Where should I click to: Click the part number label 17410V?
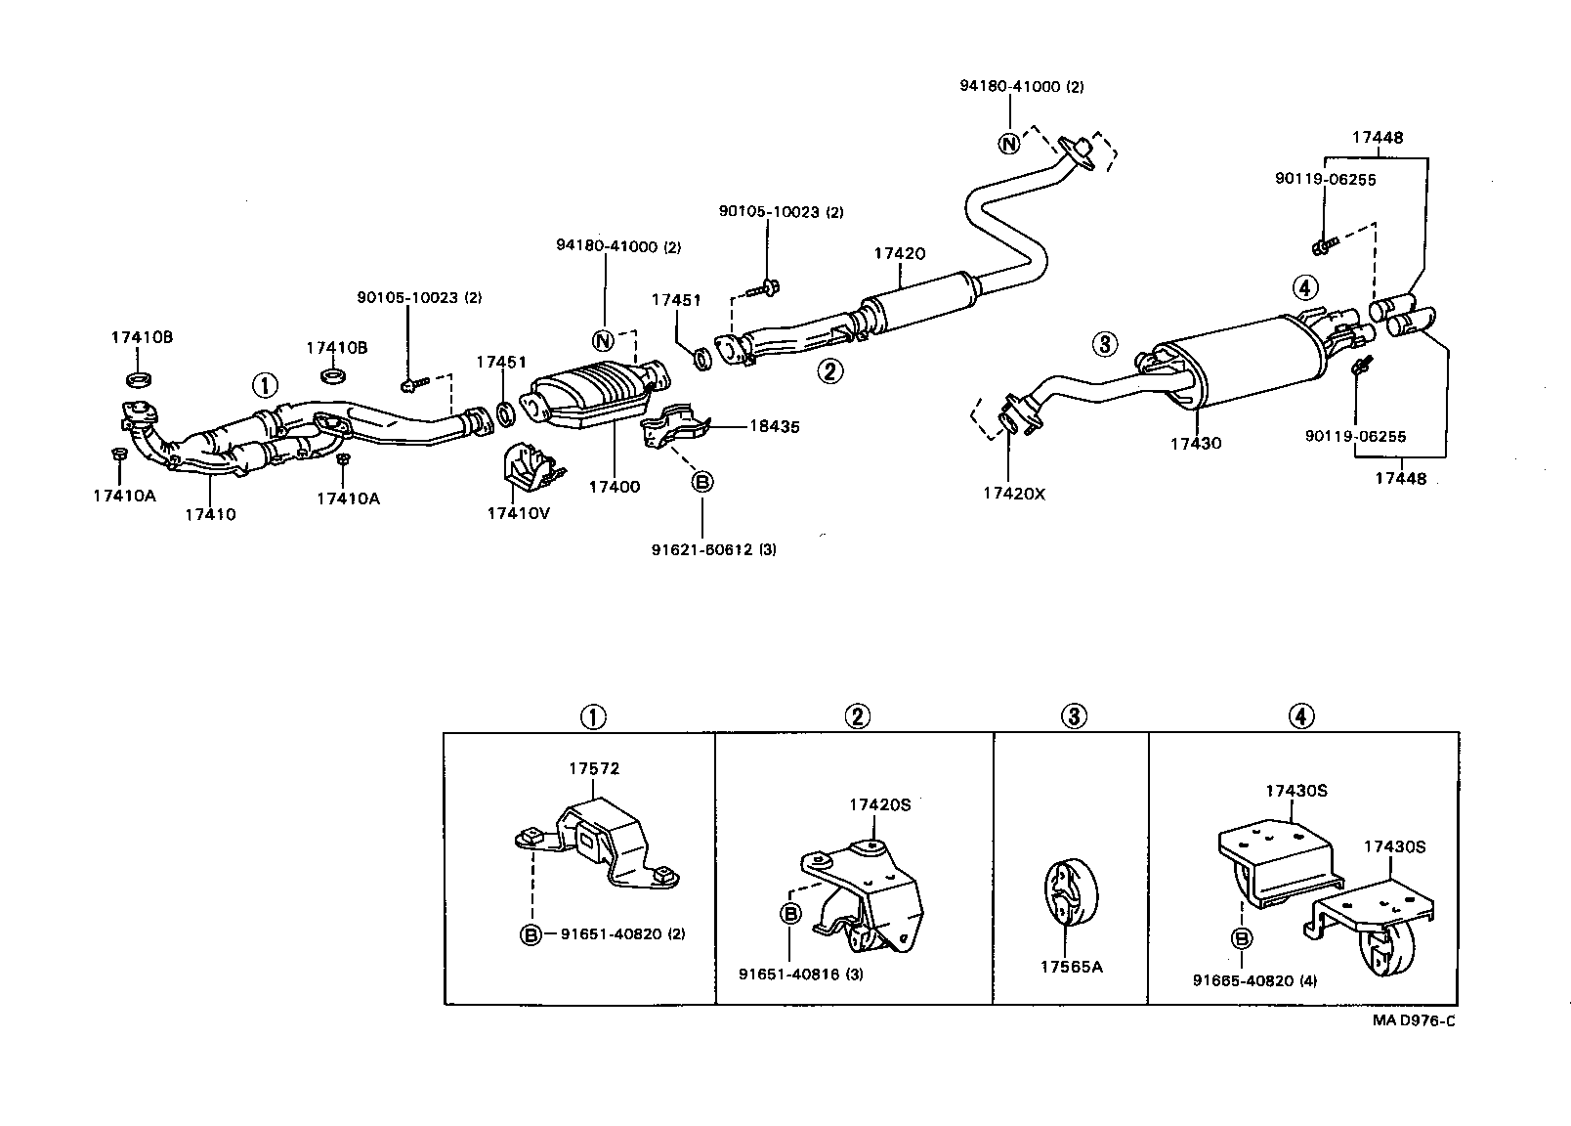518,513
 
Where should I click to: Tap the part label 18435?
774,426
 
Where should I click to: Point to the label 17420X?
1013,494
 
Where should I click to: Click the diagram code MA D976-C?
1414,1021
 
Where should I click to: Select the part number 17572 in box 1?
594,769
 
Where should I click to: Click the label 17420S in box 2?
878,804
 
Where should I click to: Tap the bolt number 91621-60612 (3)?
713,549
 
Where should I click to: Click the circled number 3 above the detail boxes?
1072,716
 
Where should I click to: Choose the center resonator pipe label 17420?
899,253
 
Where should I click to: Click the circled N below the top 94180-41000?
1008,144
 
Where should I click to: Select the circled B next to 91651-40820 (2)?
530,934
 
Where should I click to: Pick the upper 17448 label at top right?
1378,138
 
